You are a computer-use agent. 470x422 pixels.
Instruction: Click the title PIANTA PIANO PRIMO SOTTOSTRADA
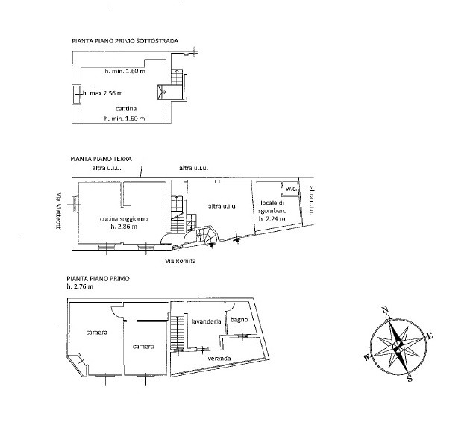125,41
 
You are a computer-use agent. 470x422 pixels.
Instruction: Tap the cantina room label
126,108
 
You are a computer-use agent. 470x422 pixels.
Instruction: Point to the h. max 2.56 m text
103,93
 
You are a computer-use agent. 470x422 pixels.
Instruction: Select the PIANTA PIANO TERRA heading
101,159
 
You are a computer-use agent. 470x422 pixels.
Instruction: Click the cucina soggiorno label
124,219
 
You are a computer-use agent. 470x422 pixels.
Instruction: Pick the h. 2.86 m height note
124,227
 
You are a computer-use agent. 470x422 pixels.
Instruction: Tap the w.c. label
291,189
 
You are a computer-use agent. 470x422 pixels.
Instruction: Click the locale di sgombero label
272,207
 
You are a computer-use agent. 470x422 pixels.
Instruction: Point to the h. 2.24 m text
272,219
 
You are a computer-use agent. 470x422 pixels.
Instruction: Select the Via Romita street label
181,261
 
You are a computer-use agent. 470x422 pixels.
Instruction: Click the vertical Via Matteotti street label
59,212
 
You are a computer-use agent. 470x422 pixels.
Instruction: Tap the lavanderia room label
206,321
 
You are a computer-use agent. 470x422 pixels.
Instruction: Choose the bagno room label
239,320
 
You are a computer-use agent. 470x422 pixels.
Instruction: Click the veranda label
219,358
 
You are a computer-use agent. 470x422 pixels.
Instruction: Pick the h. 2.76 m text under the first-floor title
80,286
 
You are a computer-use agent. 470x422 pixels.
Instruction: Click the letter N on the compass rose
385,309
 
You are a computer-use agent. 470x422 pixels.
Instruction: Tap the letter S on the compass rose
410,379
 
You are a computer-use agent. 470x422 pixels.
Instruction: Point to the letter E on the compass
430,336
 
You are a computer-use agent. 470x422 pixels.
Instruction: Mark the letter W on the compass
367,358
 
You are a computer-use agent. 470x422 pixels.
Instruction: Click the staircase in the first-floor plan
177,332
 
